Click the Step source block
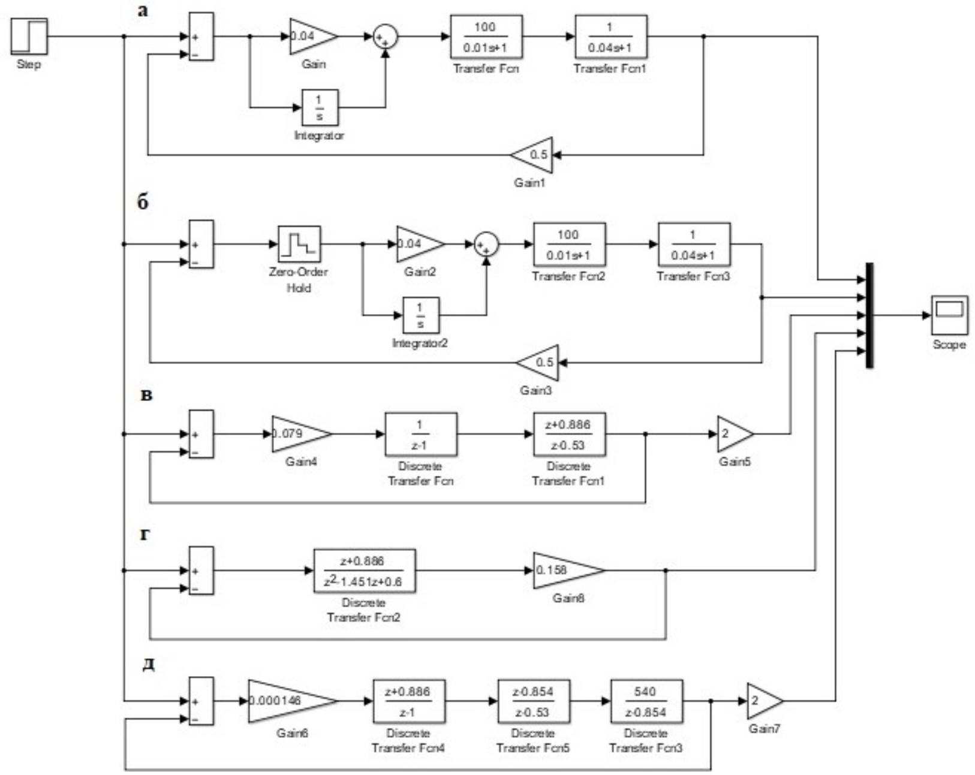click(29, 36)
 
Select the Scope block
click(949, 315)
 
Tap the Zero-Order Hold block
click(299, 244)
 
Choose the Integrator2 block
click(420, 315)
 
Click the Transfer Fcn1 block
click(610, 37)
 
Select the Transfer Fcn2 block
click(569, 245)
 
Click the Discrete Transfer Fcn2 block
click(364, 571)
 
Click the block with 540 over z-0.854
click(646, 701)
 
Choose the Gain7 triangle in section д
click(762, 701)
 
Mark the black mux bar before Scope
click(869, 315)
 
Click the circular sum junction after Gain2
click(486, 245)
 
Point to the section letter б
click(143, 202)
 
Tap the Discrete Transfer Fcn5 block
click(533, 701)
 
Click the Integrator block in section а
click(320, 108)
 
